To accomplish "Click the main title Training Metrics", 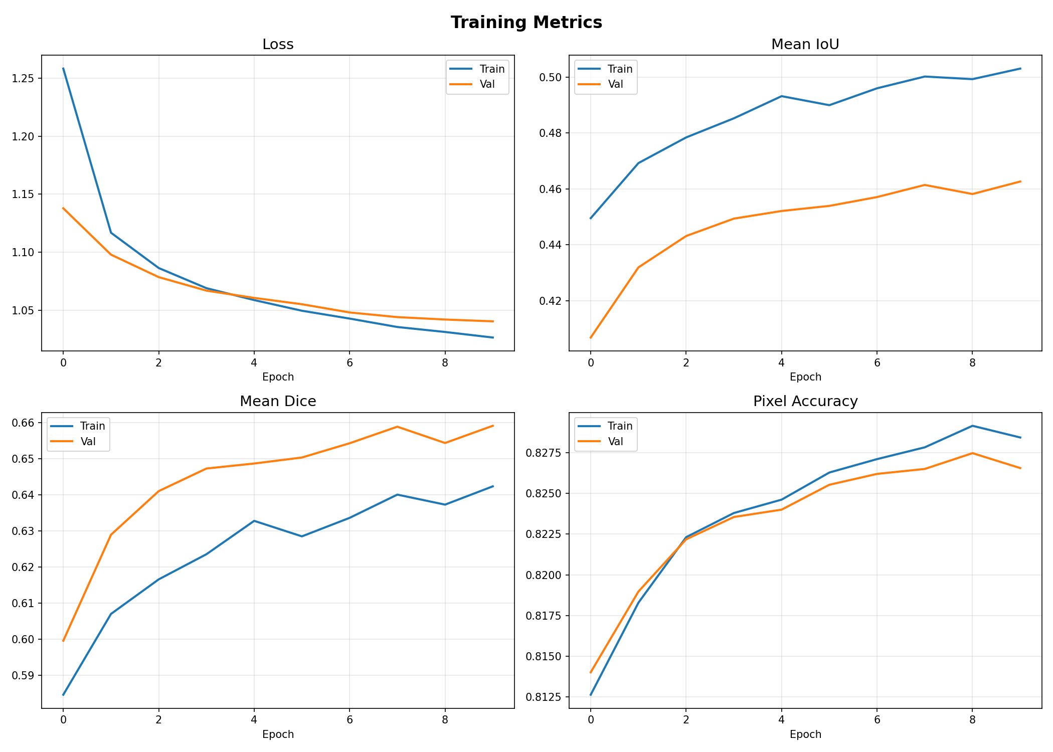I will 526,23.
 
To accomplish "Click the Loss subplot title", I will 278,45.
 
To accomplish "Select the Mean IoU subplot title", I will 805,45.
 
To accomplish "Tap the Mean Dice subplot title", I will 278,402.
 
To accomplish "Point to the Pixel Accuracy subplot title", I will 805,402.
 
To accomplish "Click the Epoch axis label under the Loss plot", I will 278,377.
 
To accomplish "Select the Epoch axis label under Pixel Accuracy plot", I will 805,734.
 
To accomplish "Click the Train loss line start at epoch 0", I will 63,68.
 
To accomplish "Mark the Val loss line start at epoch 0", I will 63,208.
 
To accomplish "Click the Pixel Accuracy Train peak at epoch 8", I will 972,426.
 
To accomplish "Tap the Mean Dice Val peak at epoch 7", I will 397,427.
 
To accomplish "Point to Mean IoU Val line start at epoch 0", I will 591,338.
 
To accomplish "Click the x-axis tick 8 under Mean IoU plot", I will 972,362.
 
